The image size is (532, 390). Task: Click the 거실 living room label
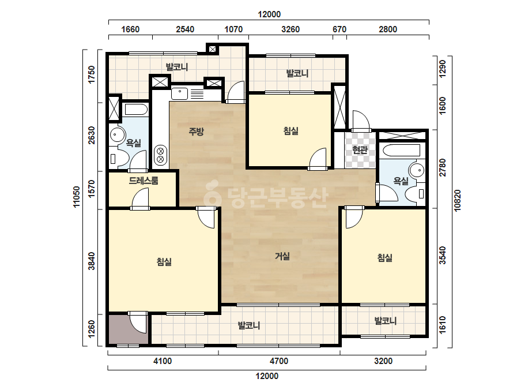(x=282, y=256)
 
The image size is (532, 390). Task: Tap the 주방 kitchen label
(x=196, y=131)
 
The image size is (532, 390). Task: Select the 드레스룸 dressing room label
(x=144, y=181)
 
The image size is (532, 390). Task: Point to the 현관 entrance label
(x=360, y=149)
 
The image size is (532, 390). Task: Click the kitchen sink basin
(x=179, y=93)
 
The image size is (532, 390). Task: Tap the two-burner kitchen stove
(x=160, y=155)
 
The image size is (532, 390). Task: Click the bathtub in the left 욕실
(x=136, y=110)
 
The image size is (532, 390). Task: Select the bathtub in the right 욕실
(x=400, y=150)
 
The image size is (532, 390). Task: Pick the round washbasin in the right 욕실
(x=417, y=170)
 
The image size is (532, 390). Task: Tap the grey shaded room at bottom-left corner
(x=129, y=328)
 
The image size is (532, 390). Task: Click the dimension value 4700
(x=279, y=361)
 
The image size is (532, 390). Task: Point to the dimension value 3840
(x=92, y=261)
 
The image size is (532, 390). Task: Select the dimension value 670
(x=339, y=29)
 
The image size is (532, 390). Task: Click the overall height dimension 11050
(x=77, y=197)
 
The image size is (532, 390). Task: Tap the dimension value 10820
(x=458, y=200)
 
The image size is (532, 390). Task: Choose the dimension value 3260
(x=290, y=29)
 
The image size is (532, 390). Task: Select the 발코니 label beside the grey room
(x=249, y=325)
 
